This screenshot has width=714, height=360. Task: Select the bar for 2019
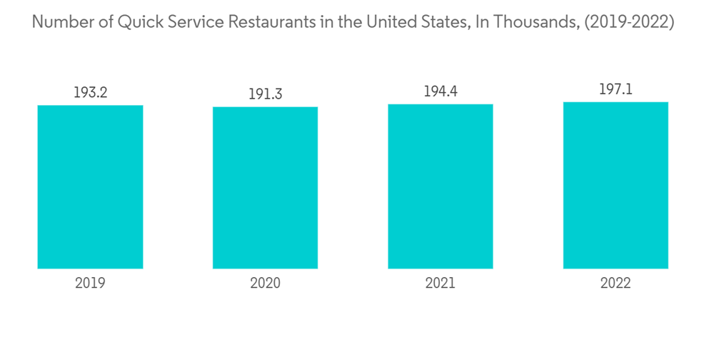[90, 187]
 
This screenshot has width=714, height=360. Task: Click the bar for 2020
[265, 188]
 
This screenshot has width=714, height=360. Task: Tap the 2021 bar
[441, 186]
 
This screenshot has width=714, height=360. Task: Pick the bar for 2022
[615, 186]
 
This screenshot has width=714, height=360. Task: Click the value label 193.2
[90, 92]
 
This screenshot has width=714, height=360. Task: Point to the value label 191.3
[265, 94]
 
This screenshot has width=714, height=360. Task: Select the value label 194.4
[441, 91]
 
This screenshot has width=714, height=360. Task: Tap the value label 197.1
[615, 89]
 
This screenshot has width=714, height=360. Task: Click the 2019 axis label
[90, 283]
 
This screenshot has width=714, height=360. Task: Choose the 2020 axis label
[265, 283]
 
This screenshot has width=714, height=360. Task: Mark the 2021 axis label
[441, 283]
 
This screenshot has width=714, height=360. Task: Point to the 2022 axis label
[615, 283]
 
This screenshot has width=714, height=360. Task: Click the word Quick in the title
[139, 22]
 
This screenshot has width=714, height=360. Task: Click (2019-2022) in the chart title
[628, 22]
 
